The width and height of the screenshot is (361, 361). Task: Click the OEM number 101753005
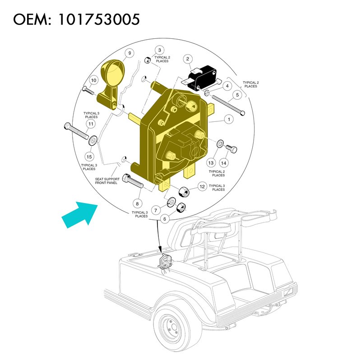(98, 19)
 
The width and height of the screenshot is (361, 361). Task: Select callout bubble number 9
(130, 53)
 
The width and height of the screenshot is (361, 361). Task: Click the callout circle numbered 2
(188, 59)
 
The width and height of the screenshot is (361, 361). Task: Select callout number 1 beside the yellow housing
(229, 120)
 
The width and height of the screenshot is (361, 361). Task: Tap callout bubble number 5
(237, 95)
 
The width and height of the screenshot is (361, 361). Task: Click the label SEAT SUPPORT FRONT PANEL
(107, 181)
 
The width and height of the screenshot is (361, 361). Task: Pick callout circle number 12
(202, 186)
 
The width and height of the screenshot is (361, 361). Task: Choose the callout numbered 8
(138, 204)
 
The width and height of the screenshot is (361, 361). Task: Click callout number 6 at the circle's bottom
(164, 219)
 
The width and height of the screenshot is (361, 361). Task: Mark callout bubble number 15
(89, 157)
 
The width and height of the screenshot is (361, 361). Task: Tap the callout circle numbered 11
(91, 124)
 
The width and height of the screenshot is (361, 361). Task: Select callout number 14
(223, 163)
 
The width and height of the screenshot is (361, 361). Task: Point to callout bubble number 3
(160, 50)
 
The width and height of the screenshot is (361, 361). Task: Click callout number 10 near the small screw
(93, 80)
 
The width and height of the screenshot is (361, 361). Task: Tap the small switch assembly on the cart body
(165, 262)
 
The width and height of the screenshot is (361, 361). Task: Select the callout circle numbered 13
(211, 163)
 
